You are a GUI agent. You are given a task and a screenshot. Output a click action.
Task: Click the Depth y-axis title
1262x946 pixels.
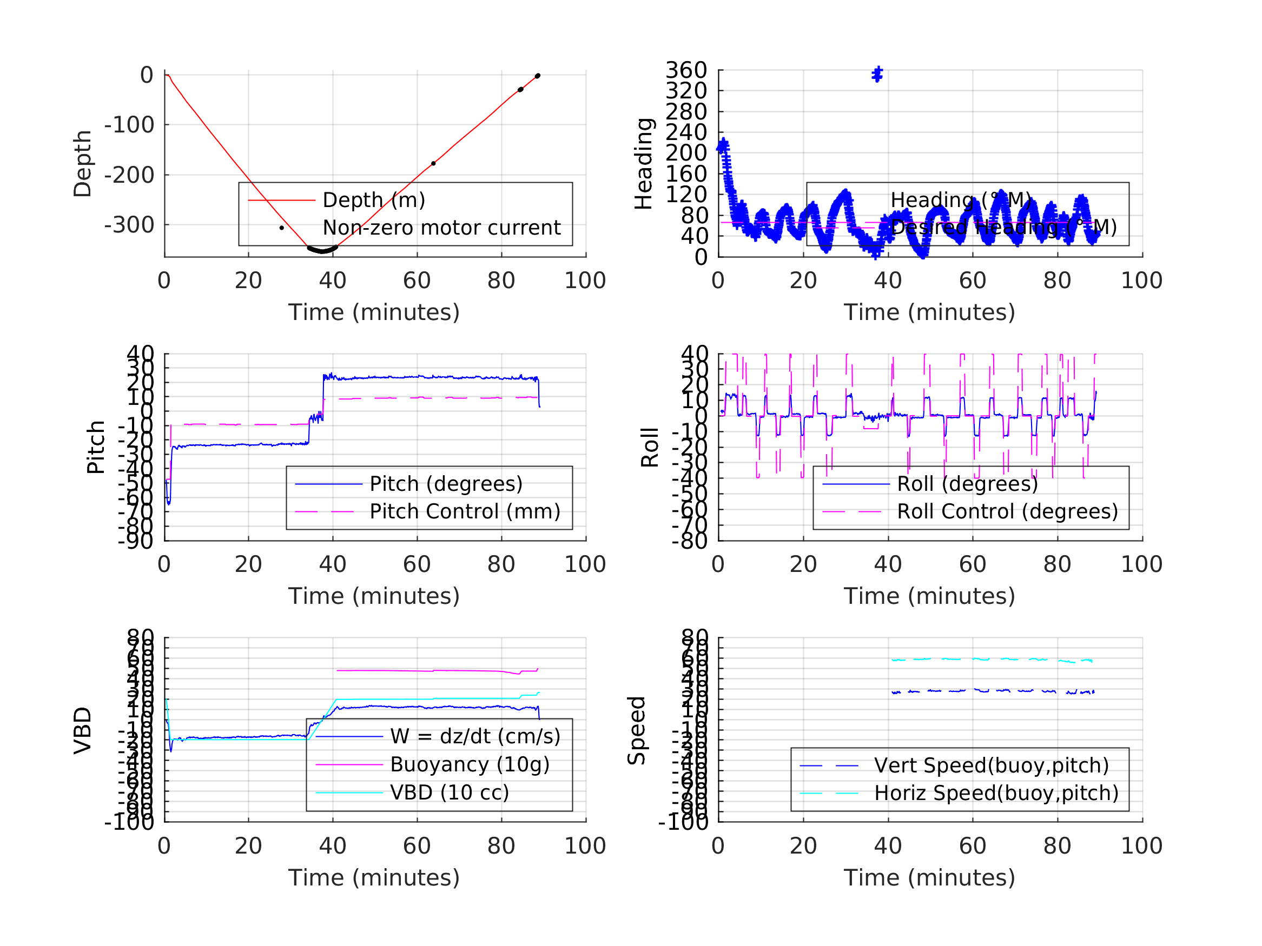83,164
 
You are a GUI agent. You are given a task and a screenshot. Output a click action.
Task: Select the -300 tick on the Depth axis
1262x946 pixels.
129,225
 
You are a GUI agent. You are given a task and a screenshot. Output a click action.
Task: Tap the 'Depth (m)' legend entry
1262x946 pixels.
374,200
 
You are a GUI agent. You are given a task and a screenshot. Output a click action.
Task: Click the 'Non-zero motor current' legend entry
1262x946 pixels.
441,228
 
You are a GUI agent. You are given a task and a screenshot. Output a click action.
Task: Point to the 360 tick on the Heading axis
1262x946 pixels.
686,70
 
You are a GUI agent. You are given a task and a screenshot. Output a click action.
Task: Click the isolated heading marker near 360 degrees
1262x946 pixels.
877,74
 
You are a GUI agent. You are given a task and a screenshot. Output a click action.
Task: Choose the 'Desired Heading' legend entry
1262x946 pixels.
1003,227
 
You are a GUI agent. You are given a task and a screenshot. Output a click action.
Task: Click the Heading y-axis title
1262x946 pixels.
644,164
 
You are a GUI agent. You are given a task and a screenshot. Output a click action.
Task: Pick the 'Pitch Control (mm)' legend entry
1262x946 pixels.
465,511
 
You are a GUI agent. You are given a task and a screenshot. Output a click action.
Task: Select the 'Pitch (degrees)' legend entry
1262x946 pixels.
446,484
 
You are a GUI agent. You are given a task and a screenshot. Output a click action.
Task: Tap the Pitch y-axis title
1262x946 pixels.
96,447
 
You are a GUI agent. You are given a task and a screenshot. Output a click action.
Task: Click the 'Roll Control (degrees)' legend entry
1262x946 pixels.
1007,511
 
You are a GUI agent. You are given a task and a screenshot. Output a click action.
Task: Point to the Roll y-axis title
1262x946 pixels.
650,447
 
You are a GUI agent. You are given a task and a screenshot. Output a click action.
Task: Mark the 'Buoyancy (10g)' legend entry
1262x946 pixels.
470,764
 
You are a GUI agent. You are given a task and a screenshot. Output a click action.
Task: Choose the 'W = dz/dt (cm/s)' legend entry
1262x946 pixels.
475,736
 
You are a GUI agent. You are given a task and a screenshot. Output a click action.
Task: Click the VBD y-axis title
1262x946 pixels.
83,730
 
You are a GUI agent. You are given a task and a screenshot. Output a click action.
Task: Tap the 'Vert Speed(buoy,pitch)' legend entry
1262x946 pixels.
991,765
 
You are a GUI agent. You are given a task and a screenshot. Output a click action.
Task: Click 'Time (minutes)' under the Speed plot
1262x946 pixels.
929,877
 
